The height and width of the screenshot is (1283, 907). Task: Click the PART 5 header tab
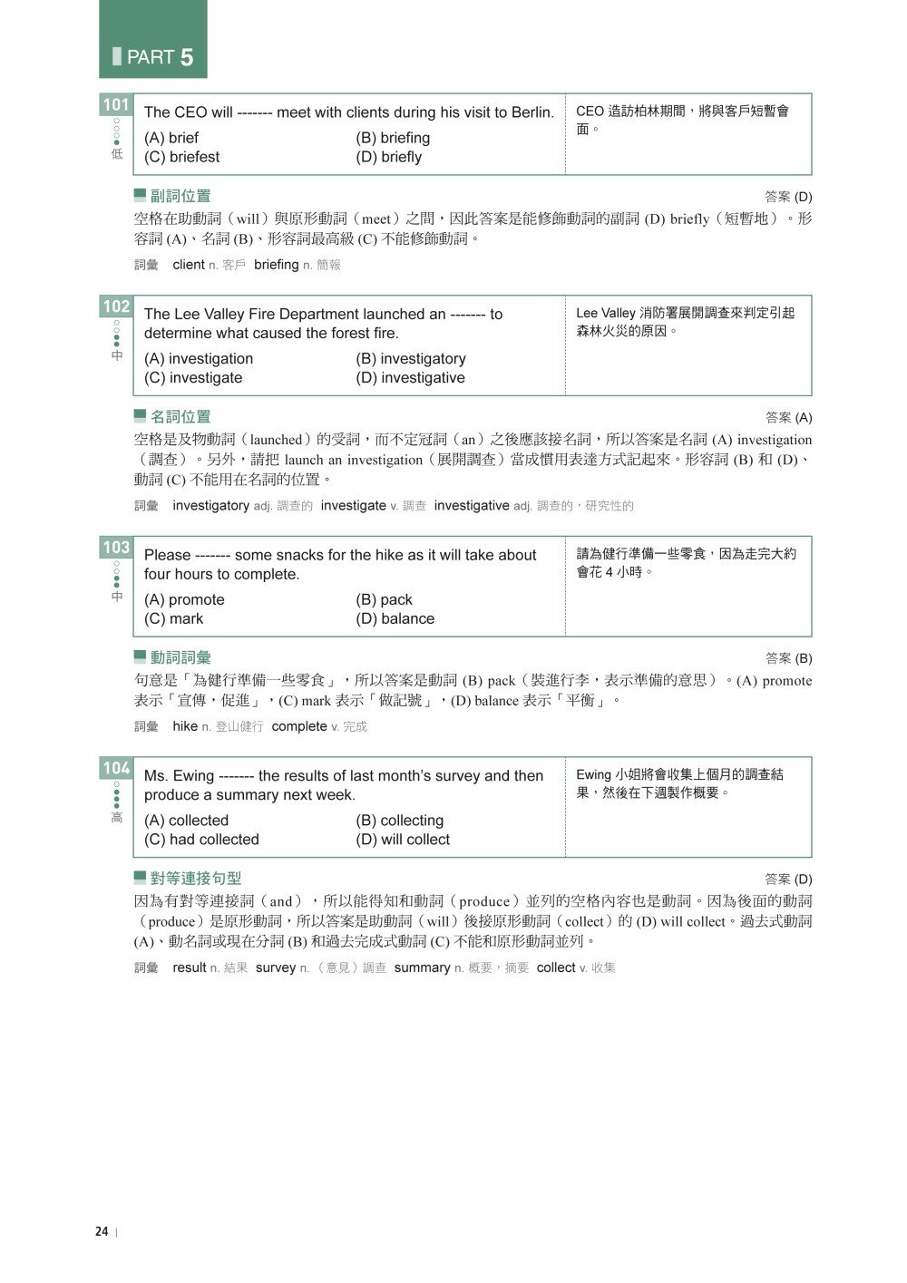tap(152, 40)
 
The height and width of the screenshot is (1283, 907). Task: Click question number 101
tap(116, 105)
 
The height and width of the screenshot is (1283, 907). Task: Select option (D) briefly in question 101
tap(388, 157)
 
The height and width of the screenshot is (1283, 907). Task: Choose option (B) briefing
tap(393, 138)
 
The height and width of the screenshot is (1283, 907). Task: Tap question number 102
tap(116, 306)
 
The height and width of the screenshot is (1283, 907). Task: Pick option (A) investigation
tap(199, 359)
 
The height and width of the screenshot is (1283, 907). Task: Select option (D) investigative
tap(410, 378)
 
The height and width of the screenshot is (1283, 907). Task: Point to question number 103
tap(116, 548)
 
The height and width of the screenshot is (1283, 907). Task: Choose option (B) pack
tap(384, 599)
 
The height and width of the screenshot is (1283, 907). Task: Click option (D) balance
tap(395, 618)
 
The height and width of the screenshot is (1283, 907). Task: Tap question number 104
tap(116, 769)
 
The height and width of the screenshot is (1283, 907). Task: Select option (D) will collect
tap(403, 840)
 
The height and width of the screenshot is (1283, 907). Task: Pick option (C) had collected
tap(201, 840)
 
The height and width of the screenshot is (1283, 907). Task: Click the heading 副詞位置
tap(180, 196)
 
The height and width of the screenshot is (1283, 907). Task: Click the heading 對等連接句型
tap(195, 879)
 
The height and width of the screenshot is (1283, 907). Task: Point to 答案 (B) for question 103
tap(788, 658)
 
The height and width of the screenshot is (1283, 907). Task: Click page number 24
tap(102, 1231)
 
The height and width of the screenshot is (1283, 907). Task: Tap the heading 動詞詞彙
tap(180, 657)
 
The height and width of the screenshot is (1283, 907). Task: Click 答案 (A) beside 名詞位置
tap(788, 418)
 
